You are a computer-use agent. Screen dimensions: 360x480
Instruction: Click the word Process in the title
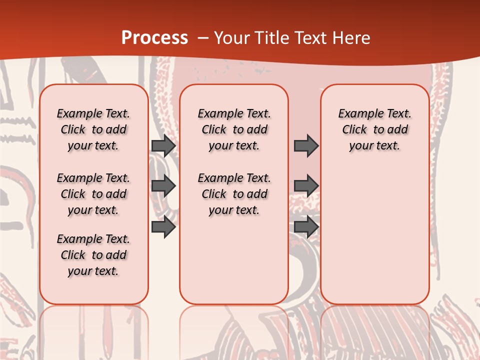[154, 38]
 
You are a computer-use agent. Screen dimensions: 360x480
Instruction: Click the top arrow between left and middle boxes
[163, 146]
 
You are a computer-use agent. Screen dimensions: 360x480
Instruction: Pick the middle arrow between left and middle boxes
[163, 186]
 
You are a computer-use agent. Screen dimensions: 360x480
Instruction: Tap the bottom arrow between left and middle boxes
[163, 227]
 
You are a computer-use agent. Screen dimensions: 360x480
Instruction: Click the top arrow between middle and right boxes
[306, 146]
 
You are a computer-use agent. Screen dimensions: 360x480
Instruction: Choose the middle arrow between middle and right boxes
[306, 186]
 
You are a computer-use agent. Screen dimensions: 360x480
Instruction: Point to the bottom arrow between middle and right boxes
[306, 227]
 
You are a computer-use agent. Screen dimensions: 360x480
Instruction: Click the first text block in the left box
[93, 129]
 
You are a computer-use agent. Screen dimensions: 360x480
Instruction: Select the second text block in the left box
[93, 194]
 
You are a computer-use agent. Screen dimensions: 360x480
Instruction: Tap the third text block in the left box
[93, 255]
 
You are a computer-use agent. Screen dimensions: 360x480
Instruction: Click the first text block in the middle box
[234, 129]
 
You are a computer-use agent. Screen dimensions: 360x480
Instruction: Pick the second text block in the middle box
[234, 194]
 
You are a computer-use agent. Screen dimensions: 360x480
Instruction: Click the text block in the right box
[375, 129]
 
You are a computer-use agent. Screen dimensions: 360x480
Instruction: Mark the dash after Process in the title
[203, 38]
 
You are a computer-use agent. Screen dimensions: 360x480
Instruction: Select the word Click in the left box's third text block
[73, 255]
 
